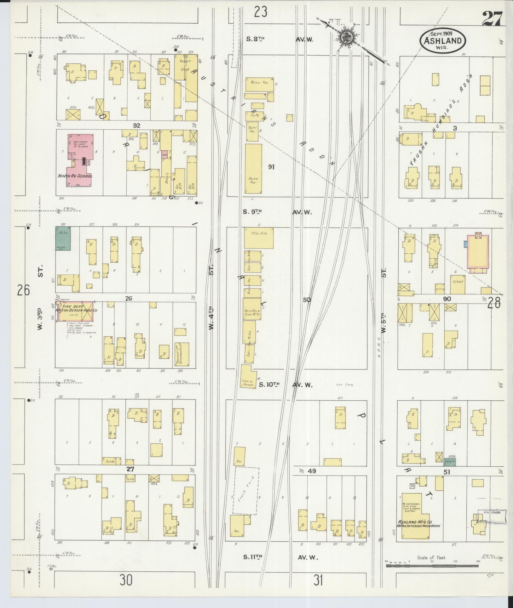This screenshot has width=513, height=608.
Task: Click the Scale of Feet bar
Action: pos(432,565)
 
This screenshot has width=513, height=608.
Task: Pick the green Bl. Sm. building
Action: pos(63,238)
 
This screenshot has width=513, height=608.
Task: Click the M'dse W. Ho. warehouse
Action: pos(259,238)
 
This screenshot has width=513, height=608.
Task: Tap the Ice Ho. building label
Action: pos(255,115)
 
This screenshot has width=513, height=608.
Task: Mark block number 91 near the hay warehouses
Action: pos(271,167)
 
